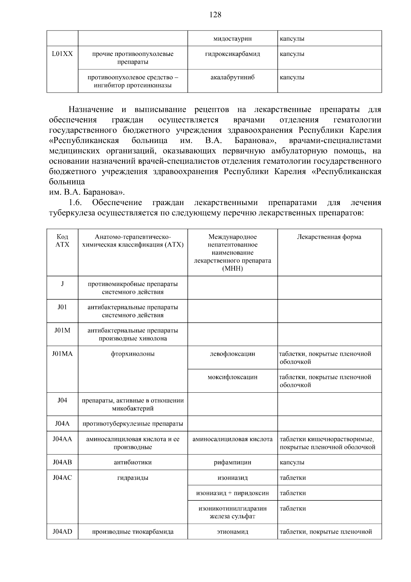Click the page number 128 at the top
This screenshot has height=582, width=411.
pyautogui.click(x=215, y=15)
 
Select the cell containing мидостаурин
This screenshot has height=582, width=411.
pyautogui.click(x=232, y=39)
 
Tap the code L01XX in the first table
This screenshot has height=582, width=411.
pyautogui.click(x=62, y=54)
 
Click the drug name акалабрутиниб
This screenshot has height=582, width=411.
pyautogui.click(x=232, y=78)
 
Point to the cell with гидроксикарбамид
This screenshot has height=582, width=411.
pyautogui.click(x=232, y=54)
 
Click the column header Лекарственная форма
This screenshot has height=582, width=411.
pyautogui.click(x=329, y=237)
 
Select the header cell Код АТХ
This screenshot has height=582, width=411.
pyautogui.click(x=62, y=241)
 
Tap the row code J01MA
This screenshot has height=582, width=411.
pyautogui.click(x=62, y=354)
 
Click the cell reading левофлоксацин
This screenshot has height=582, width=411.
pyautogui.click(x=232, y=354)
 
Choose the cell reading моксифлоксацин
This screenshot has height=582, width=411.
pyautogui.click(x=232, y=377)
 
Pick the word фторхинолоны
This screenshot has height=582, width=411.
pyautogui.click(x=133, y=354)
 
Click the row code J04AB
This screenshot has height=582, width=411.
pyautogui.click(x=62, y=462)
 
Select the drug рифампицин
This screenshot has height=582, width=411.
pyautogui.click(x=232, y=462)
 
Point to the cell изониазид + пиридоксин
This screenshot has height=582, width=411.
pyautogui.click(x=232, y=493)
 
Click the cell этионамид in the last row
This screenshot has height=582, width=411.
pyautogui.click(x=232, y=532)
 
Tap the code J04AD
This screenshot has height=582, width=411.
pyautogui.click(x=62, y=532)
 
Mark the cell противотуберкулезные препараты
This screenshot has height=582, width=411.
pyautogui.click(x=133, y=424)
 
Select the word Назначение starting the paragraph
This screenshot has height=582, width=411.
pyautogui.click(x=91, y=110)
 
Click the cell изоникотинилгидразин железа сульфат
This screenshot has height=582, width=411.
pyautogui.click(x=232, y=512)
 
